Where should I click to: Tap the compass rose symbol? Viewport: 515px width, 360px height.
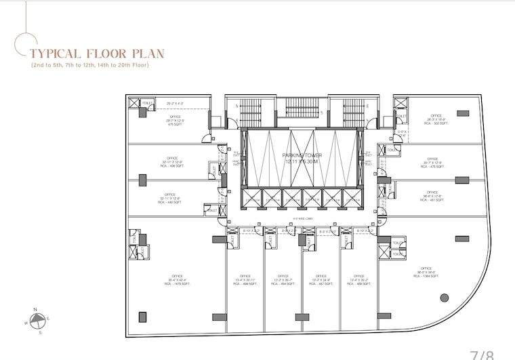point(39,321)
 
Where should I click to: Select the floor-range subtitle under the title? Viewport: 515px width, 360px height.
point(89,65)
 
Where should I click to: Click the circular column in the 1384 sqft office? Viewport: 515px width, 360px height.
point(445,297)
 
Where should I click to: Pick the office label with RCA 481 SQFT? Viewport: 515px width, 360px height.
point(432,197)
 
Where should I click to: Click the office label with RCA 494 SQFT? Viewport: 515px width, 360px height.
point(283,281)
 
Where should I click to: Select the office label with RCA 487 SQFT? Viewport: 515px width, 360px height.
point(321,281)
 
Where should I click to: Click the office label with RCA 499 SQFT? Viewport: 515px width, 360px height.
point(245,281)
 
